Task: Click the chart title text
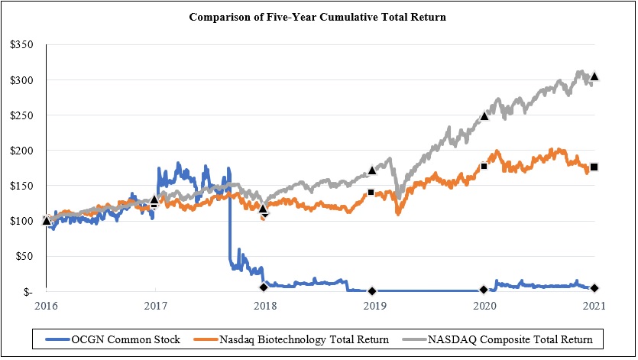tap(318, 17)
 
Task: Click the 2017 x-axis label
tap(155, 305)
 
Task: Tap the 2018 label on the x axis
tap(265, 305)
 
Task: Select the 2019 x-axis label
tap(374, 305)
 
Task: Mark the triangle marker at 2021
tap(594, 76)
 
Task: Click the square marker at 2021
tap(594, 167)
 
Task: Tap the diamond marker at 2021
tap(594, 287)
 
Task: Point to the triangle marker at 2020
tap(484, 116)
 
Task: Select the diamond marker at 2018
tap(264, 287)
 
